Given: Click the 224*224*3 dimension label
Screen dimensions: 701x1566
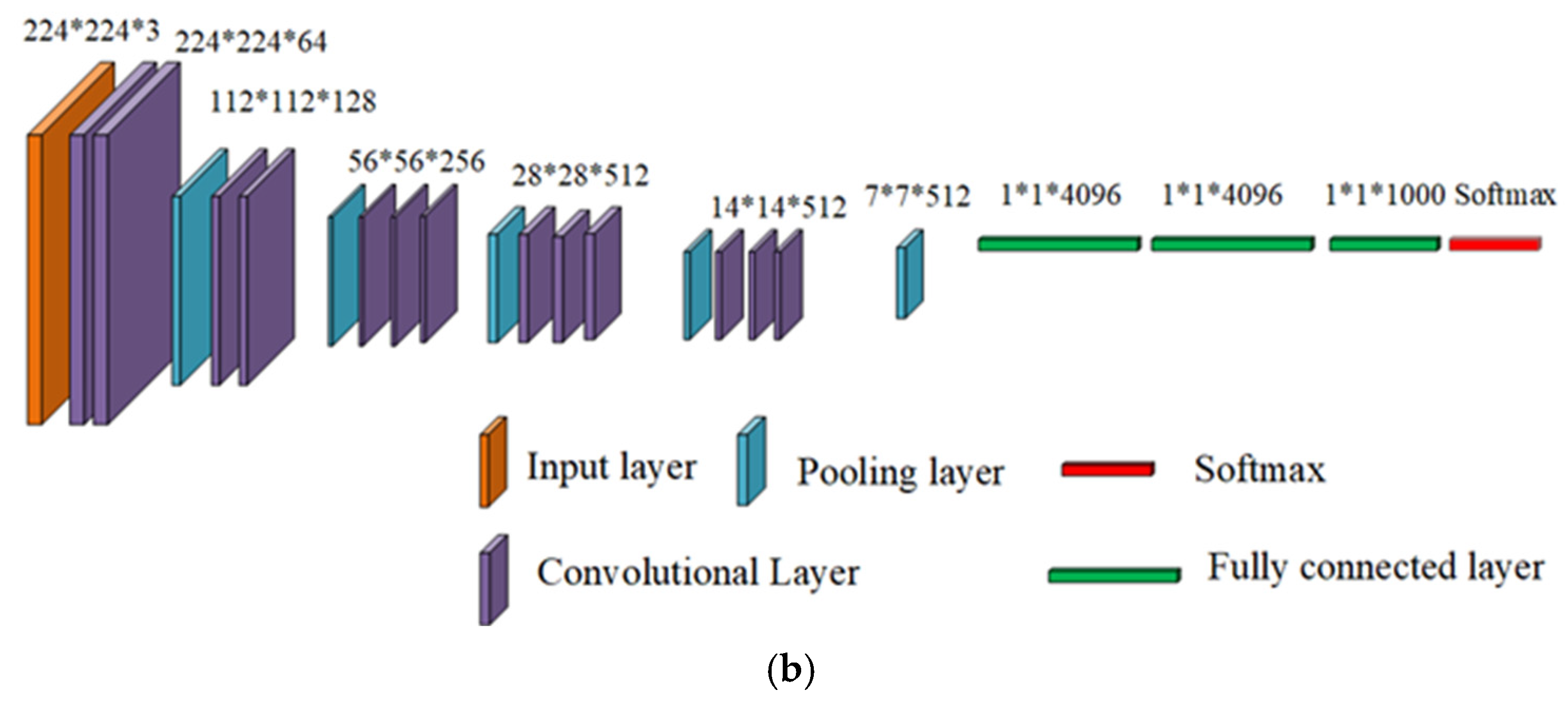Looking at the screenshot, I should pos(91,31).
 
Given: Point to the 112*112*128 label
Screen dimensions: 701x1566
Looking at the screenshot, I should pos(293,102).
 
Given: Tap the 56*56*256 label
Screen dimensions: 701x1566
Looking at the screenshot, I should pos(416,162).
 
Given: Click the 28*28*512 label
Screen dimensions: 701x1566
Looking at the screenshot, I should pos(580,176).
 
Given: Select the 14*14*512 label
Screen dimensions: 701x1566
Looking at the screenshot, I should pos(778,208).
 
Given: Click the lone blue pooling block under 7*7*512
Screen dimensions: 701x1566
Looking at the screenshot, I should pos(909,274).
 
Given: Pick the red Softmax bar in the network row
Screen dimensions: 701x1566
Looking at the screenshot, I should pos(1495,244).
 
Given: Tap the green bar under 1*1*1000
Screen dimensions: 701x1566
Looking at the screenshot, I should pos(1384,244).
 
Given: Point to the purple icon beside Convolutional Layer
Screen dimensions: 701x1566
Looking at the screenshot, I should pos(493,580).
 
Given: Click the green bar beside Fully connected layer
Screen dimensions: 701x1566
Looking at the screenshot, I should pos(1114,575).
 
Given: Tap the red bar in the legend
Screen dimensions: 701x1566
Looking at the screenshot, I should pos(1107,469).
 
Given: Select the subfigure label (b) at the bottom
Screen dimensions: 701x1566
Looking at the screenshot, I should pos(790,670).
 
